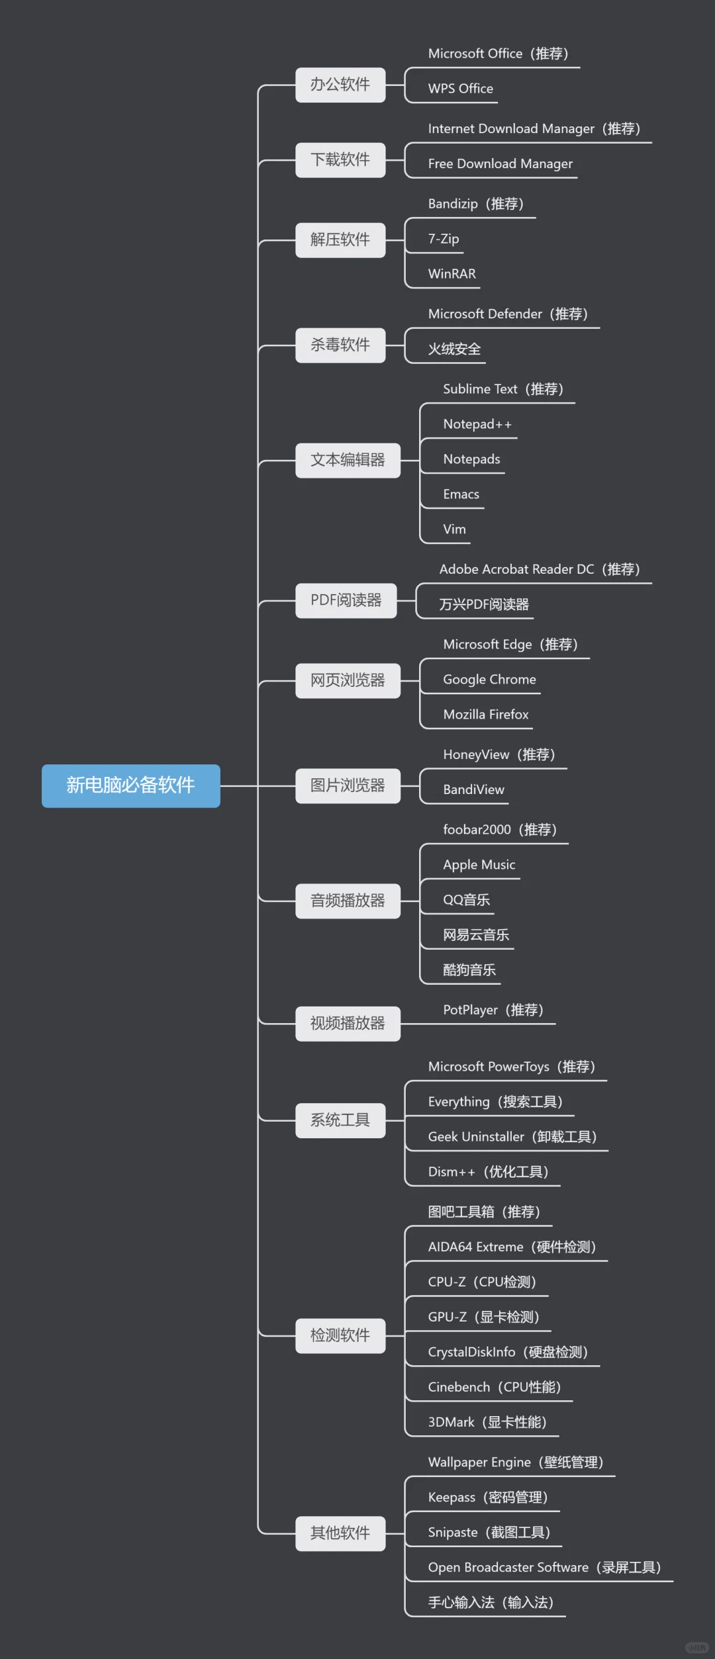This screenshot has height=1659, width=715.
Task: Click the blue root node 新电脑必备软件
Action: tap(130, 785)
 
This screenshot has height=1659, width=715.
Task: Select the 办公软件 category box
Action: tap(340, 85)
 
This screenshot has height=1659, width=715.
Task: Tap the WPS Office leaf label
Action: tap(460, 89)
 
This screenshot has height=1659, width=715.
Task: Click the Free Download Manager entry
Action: tap(500, 163)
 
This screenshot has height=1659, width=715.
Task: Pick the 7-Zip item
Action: tap(443, 239)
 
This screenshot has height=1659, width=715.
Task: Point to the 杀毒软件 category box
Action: tap(340, 345)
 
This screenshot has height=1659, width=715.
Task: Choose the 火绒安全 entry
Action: tap(454, 349)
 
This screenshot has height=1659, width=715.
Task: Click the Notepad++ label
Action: tap(477, 424)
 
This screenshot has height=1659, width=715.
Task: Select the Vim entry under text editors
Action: tap(454, 529)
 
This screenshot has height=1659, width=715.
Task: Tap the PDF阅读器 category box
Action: tap(346, 600)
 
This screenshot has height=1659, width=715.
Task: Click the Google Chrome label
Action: tap(489, 680)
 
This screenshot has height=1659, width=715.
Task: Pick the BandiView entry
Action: tap(473, 789)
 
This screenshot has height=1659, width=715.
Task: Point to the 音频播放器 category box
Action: tap(348, 901)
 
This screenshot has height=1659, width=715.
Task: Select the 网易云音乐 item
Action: tap(476, 935)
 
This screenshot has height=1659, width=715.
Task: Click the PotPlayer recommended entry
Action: tap(493, 1010)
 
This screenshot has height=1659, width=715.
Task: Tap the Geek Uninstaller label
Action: tap(512, 1137)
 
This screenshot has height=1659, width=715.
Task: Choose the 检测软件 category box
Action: tap(340, 1335)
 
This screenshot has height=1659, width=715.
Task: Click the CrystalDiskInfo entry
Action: tap(508, 1352)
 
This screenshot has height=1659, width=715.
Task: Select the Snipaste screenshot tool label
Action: tap(489, 1533)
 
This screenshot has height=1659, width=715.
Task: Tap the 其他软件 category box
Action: tap(340, 1533)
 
